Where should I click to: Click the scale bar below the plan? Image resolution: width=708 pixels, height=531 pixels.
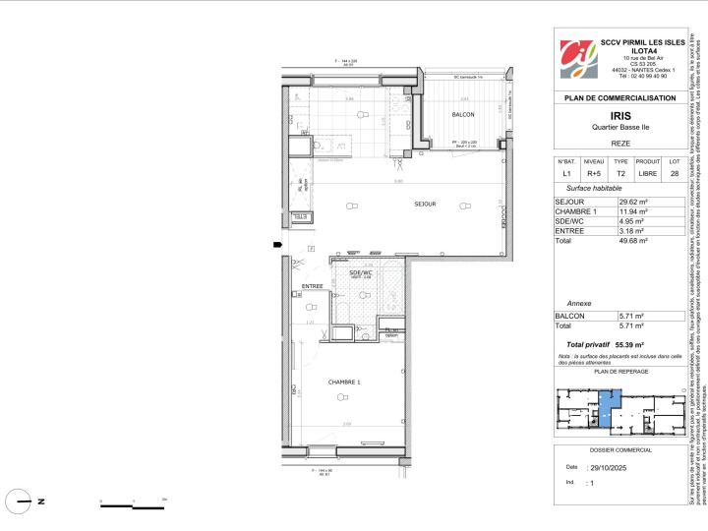pyautogui.click(x=132, y=506)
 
